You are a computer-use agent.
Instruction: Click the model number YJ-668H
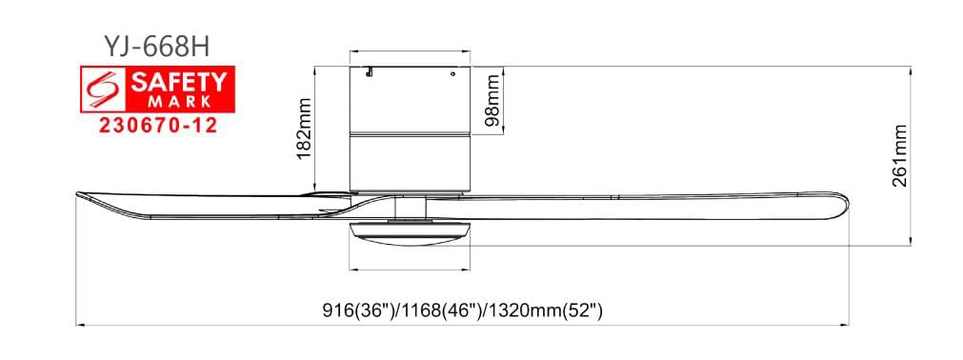click(157, 46)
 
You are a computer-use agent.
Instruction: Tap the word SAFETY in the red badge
click(179, 83)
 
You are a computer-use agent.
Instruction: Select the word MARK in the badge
click(179, 101)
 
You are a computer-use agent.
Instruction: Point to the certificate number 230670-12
click(158, 126)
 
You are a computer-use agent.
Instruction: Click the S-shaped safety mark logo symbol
click(103, 90)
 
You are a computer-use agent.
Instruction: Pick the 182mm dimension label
click(305, 129)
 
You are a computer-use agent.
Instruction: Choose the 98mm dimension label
click(493, 99)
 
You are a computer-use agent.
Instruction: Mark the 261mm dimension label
click(900, 156)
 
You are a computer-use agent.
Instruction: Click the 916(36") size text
click(360, 310)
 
